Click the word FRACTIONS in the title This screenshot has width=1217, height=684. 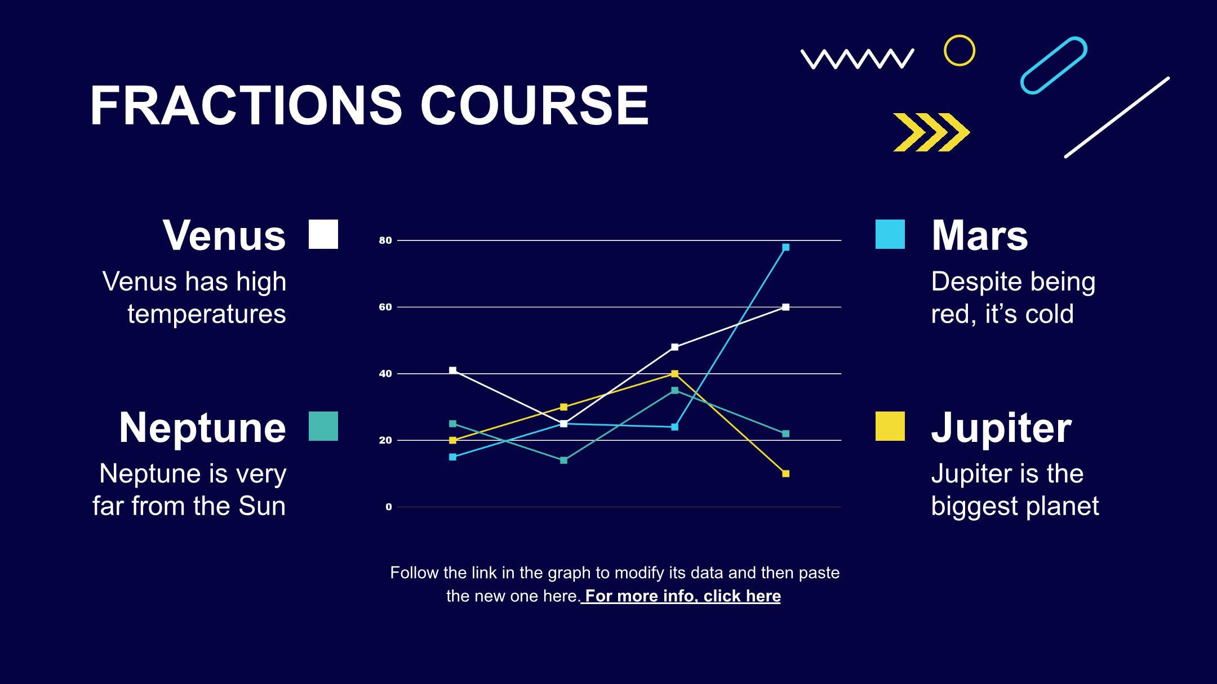[246, 105]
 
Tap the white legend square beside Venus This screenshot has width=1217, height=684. [323, 234]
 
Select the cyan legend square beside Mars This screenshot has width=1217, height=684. [890, 234]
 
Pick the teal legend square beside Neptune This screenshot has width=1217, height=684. [323, 426]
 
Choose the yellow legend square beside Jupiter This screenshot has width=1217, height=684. [890, 426]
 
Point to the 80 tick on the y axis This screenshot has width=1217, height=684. [385, 240]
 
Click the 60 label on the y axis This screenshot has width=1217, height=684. [385, 307]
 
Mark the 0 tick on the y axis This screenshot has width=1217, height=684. [388, 507]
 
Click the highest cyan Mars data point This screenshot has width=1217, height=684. [785, 247]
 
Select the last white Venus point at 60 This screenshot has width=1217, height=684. [785, 307]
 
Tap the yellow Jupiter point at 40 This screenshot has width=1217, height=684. [674, 373]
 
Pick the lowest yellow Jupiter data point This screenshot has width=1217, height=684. [785, 473]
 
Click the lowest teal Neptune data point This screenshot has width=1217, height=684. [563, 460]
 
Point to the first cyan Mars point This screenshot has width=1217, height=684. [452, 457]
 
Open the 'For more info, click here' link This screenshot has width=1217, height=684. [681, 596]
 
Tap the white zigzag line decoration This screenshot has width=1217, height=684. [857, 59]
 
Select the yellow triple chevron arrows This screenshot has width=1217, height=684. [931, 132]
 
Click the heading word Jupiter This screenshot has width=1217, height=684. [1001, 428]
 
